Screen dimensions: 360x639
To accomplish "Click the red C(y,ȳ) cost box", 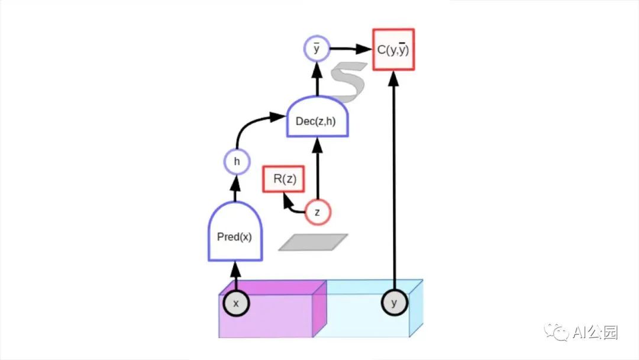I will (393, 50).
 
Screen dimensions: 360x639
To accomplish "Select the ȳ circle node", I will (316, 49).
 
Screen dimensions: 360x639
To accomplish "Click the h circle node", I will (237, 160).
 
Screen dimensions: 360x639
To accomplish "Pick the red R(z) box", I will (284, 179).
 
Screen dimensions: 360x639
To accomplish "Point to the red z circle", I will (318, 213).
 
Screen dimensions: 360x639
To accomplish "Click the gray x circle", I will (236, 303).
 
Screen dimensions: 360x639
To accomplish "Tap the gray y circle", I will (393, 303).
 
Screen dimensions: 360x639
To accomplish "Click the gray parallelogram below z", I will (313, 242).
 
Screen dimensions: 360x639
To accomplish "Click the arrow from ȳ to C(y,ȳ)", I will (349, 50).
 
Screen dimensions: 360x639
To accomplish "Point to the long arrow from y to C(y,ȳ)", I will (393, 178).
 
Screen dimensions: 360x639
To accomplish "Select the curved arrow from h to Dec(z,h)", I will (248, 124).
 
